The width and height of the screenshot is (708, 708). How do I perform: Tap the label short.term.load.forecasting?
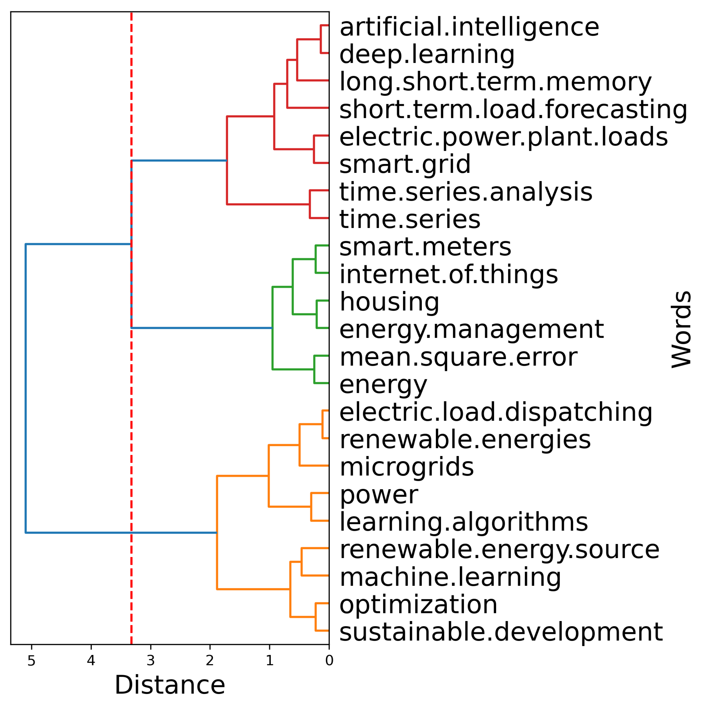[x=513, y=110]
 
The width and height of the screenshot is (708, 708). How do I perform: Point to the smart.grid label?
[x=405, y=164]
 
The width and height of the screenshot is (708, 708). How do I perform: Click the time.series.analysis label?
[x=466, y=192]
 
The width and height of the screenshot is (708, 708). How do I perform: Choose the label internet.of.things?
[x=448, y=275]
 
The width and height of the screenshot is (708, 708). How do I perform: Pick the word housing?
[x=389, y=302]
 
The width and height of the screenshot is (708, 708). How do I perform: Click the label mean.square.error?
[x=458, y=357]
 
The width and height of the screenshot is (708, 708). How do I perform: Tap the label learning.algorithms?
[x=464, y=522]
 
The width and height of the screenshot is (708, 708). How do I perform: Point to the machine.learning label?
[x=450, y=577]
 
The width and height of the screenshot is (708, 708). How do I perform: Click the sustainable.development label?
[x=501, y=633]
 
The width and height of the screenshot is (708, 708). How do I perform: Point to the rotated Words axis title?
[x=681, y=330]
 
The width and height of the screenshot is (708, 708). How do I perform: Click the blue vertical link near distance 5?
[x=26, y=388]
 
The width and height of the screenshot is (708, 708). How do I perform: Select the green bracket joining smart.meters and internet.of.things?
[x=316, y=259]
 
